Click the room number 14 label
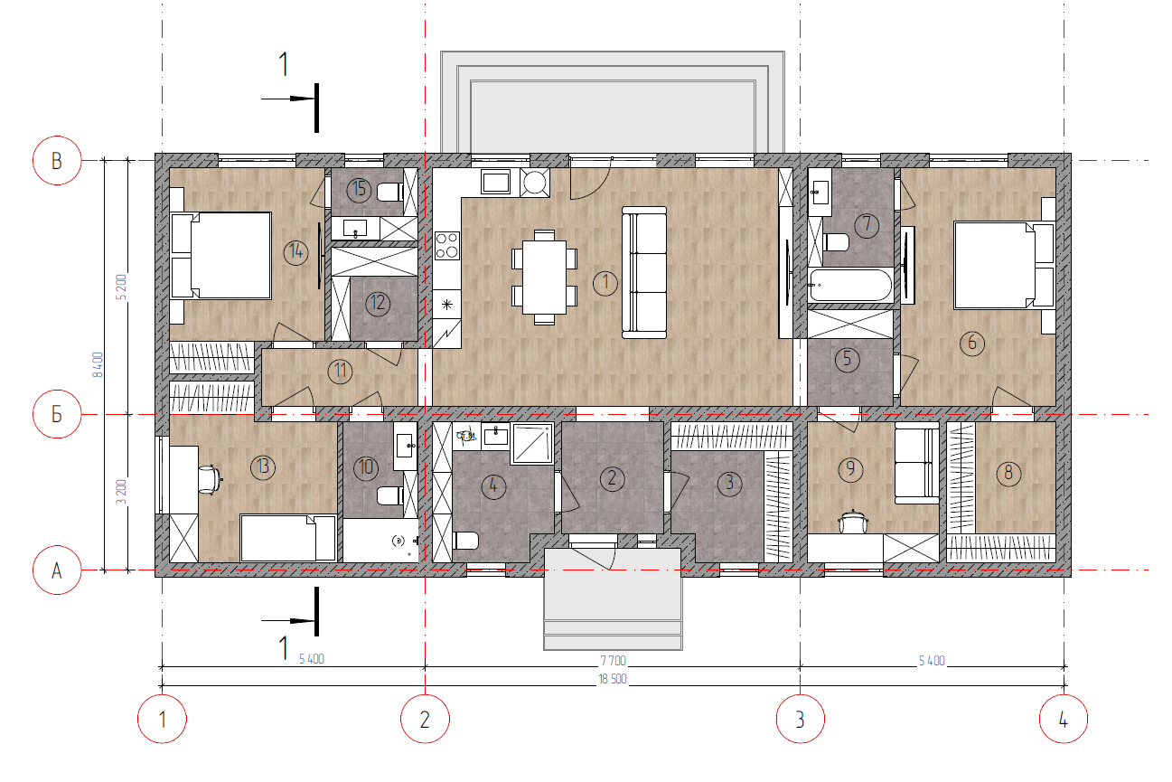point(296,252)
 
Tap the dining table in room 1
point(544,278)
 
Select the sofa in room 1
point(644,272)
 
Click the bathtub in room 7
point(849,286)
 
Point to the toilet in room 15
point(389,192)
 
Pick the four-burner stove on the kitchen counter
point(446,246)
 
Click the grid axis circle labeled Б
point(57,414)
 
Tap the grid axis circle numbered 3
point(800,719)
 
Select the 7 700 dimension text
point(613,661)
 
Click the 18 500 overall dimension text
point(613,679)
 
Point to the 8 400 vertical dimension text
point(98,365)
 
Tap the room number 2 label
point(612,479)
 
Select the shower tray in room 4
point(532,444)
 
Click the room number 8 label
point(1008,474)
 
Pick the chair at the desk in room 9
point(853,522)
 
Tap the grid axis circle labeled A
point(57,570)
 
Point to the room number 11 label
point(340,371)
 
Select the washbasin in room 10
point(405,446)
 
